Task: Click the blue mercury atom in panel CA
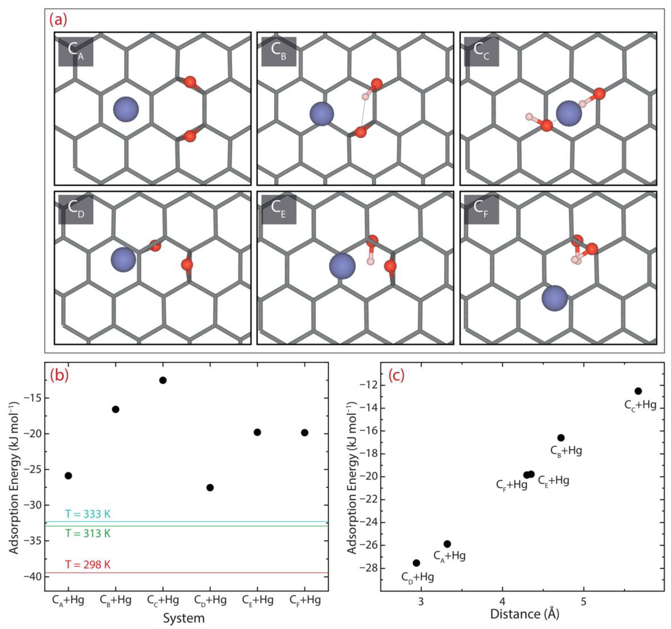(126, 109)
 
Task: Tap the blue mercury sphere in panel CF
(554, 298)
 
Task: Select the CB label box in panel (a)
(279, 51)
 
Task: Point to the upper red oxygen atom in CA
(190, 82)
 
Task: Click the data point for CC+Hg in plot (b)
(163, 380)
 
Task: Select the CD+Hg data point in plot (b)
(210, 488)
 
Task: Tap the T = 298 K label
(88, 565)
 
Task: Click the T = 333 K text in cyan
(88, 514)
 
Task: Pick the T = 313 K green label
(88, 533)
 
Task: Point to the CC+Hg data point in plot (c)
(638, 391)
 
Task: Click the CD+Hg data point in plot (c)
(416, 563)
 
